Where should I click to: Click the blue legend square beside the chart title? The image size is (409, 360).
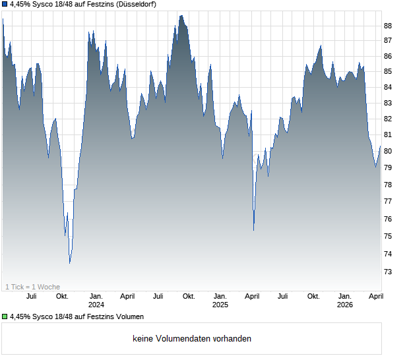click(5, 5)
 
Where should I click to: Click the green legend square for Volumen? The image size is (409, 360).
click(5, 317)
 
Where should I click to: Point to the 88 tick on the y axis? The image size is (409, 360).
click(388, 26)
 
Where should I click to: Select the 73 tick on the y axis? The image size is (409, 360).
click(388, 272)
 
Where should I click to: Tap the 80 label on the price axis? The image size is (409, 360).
click(388, 152)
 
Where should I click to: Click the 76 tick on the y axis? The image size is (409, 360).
click(388, 220)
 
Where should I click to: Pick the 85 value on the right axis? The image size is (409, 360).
click(388, 72)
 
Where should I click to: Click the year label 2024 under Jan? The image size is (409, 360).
click(96, 305)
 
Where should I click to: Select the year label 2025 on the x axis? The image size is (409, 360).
click(220, 305)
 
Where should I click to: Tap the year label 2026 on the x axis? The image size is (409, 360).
click(344, 305)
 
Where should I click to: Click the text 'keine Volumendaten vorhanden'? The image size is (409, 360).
click(192, 339)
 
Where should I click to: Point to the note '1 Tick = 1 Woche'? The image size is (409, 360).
click(32, 287)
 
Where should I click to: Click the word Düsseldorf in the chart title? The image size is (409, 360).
click(135, 5)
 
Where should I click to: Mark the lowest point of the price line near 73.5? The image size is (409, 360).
click(70, 263)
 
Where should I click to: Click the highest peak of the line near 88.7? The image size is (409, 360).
click(181, 15)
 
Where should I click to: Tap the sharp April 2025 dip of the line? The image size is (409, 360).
click(254, 230)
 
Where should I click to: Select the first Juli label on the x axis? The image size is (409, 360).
click(31, 297)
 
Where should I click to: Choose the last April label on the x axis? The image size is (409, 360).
click(376, 297)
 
